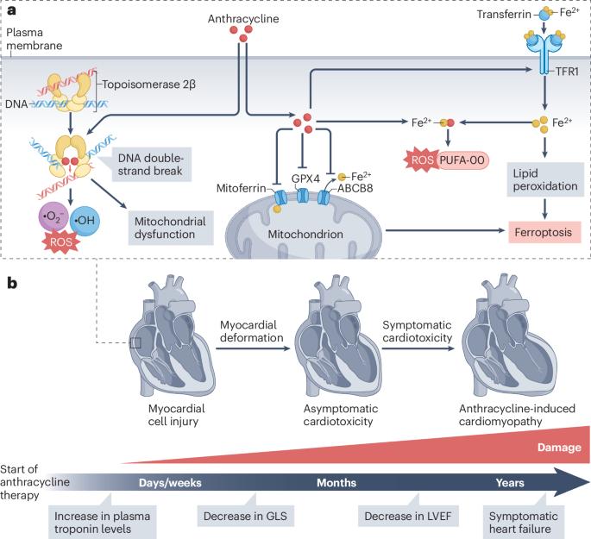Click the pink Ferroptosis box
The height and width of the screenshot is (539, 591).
544,232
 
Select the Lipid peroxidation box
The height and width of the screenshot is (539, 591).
545,179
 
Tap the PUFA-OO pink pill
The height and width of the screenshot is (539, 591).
462,160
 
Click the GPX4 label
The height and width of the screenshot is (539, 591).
305,179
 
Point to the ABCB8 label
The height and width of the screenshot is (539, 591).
355,188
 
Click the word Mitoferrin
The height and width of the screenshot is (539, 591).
242,188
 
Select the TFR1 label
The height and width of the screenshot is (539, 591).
567,72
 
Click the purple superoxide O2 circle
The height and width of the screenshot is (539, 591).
53,217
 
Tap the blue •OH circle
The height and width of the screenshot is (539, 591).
85,221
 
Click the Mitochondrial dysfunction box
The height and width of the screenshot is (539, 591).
171,228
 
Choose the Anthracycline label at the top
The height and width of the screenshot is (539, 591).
243,19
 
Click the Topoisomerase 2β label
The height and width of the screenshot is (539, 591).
148,85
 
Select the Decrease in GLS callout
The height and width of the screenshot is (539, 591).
245,516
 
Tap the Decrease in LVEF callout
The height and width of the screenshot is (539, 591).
408,516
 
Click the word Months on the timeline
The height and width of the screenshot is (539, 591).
336,482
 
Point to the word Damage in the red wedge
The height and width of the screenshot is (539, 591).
559,448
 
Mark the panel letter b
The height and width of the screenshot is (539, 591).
12,283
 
